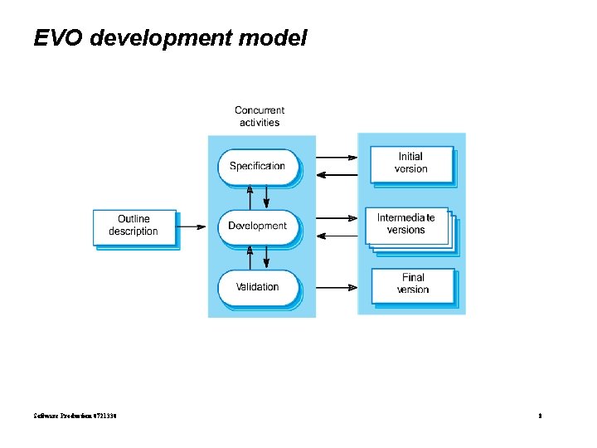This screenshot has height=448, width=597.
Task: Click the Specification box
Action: click(x=257, y=166)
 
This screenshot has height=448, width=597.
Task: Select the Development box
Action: click(x=257, y=226)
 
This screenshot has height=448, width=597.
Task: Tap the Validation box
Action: click(x=257, y=287)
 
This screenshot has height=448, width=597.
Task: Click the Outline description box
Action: click(x=133, y=226)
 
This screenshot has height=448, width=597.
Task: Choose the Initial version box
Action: click(x=411, y=163)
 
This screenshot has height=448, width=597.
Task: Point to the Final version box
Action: click(x=413, y=285)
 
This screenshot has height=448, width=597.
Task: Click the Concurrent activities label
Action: click(x=260, y=116)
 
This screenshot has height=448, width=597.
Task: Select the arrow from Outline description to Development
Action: click(x=192, y=226)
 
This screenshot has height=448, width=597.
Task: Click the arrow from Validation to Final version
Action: click(x=337, y=288)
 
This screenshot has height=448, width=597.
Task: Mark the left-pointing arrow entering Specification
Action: click(x=337, y=174)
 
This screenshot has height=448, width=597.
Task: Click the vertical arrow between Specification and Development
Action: click(x=258, y=196)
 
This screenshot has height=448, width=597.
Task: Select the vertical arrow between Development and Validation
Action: click(x=258, y=257)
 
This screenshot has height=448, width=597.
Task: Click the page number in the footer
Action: click(x=539, y=415)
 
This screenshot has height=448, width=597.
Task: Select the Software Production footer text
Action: click(x=75, y=415)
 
